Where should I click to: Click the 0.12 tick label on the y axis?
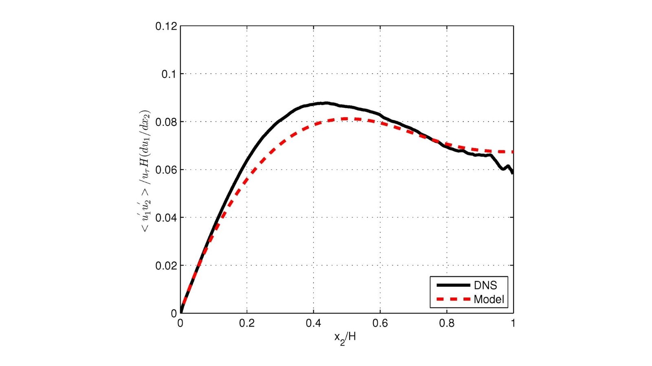(x=166, y=26)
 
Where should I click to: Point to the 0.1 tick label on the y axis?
(x=169, y=74)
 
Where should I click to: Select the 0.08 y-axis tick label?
(x=166, y=122)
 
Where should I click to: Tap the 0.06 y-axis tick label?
(x=166, y=170)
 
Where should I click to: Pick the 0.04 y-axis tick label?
(x=166, y=218)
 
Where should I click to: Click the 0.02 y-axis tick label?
(x=166, y=266)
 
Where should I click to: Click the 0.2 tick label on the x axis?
(x=247, y=323)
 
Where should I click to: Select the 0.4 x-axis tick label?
(x=313, y=323)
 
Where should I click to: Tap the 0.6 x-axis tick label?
(x=380, y=323)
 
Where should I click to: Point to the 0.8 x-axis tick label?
(x=447, y=323)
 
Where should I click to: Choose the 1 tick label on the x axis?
(x=513, y=323)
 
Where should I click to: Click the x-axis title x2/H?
(x=345, y=338)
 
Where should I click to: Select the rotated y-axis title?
(x=146, y=171)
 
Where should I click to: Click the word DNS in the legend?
(x=485, y=285)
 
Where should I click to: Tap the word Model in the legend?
(x=489, y=300)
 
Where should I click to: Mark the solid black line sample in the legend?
(x=453, y=285)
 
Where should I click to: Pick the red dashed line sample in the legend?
(x=453, y=300)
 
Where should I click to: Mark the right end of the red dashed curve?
(x=513, y=152)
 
